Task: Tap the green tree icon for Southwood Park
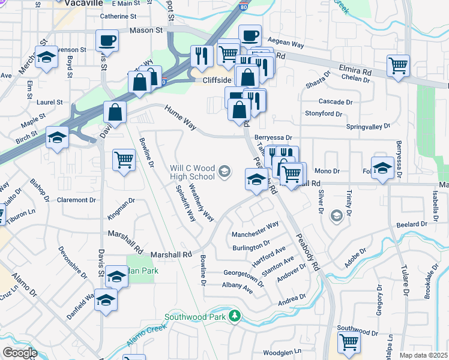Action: pos(237,316)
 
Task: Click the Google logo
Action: pos(19,353)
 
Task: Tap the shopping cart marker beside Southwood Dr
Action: pos(349,342)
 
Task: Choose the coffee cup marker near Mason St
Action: pos(107,40)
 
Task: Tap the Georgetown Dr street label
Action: pos(244,275)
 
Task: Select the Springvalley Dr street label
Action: pos(369,127)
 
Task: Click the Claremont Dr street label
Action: pos(76,200)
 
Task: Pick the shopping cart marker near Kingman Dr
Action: pos(124,160)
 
